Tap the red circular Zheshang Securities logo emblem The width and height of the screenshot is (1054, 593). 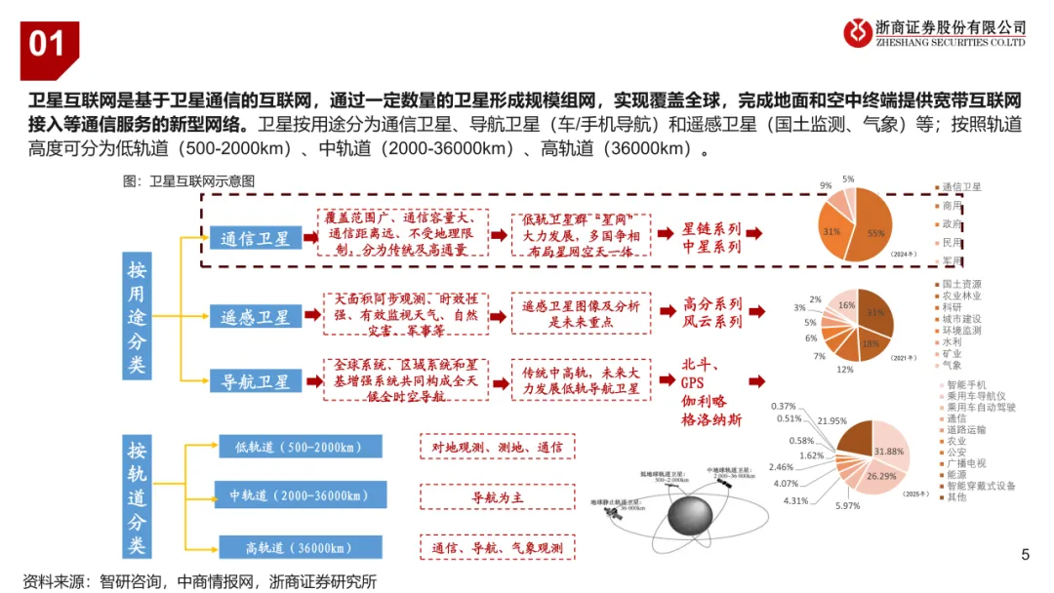coord(860,32)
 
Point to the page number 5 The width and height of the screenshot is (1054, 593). coord(1025,556)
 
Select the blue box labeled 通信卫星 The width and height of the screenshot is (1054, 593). coord(256,238)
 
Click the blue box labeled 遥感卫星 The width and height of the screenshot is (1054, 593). coord(256,316)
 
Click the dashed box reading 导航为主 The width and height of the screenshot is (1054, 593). coord(498,497)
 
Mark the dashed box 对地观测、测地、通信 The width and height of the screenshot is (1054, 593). coord(498,447)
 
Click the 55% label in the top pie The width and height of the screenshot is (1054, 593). coord(875,233)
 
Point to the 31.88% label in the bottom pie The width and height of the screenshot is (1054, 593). coord(888,452)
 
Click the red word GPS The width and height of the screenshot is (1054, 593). coord(693,383)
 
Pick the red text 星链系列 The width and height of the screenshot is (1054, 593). coord(711,229)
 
